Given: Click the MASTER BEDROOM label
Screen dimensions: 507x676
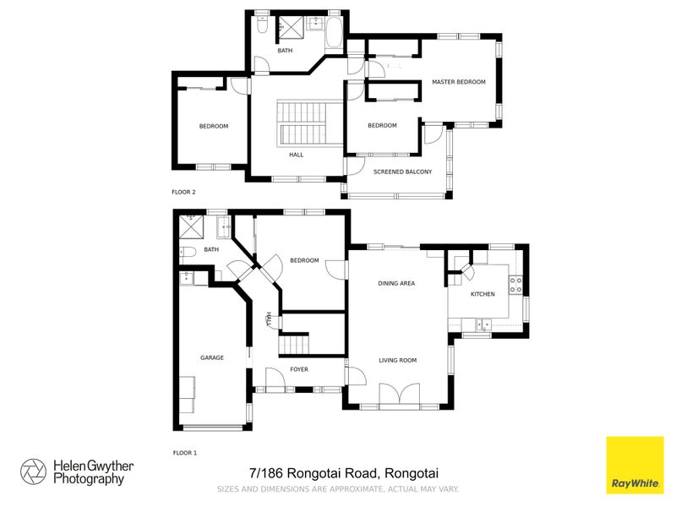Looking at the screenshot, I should [459, 82].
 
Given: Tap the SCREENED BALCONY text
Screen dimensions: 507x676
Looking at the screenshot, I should [402, 172].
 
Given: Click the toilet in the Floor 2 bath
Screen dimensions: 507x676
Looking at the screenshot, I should [263, 29].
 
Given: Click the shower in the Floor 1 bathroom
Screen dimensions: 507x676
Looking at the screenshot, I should [191, 227].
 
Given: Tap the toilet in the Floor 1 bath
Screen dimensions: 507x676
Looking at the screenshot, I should [188, 251].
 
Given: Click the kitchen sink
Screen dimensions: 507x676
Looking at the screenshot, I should [483, 323].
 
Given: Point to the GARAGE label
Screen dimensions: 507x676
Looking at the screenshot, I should [211, 357].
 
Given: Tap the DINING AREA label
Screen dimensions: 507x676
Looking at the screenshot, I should [395, 283].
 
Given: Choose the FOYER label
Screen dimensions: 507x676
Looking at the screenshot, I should [299, 369].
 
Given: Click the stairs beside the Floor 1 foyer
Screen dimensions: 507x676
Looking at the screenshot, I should [295, 345].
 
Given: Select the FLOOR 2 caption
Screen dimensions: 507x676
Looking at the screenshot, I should [183, 192].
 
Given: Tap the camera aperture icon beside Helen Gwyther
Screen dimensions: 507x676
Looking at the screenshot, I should [33, 472].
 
